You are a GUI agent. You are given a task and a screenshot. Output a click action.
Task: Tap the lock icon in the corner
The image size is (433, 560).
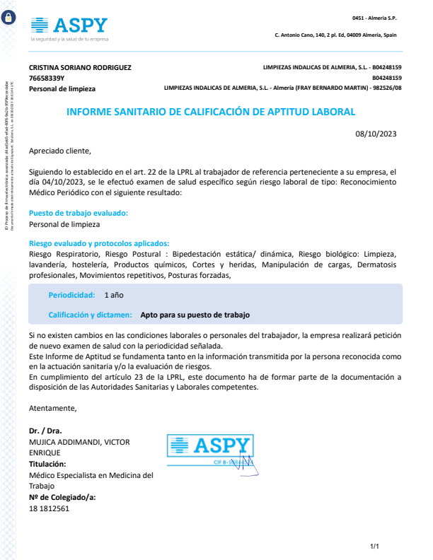click(x=8, y=18)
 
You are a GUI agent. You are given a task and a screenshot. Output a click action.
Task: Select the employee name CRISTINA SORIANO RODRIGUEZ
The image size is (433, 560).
click(x=80, y=67)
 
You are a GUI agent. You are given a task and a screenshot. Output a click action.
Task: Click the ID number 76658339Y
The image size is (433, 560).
click(x=47, y=78)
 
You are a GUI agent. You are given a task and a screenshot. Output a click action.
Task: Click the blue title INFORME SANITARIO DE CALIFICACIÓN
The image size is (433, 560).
click(x=211, y=112)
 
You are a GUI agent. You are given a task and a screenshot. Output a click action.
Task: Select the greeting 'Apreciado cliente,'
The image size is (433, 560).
click(x=60, y=151)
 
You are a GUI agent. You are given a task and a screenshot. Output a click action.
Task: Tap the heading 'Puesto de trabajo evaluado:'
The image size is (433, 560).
click(x=78, y=213)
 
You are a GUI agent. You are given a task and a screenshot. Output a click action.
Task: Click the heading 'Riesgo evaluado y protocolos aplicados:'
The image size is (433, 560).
click(x=99, y=243)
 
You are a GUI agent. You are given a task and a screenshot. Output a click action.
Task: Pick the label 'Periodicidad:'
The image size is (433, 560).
click(x=71, y=294)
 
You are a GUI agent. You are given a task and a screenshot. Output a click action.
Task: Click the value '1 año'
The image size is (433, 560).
click(x=114, y=294)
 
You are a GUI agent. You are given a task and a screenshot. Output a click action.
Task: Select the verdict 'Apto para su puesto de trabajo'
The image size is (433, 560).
click(x=195, y=315)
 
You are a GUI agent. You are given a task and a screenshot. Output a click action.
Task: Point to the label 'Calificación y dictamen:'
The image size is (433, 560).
click(x=91, y=315)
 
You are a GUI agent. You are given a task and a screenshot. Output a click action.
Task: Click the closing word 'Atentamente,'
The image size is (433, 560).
click(x=52, y=408)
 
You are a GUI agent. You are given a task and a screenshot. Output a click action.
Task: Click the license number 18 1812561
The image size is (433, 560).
click(x=49, y=509)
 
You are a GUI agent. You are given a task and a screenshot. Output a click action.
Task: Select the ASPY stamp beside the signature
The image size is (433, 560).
click(x=210, y=449)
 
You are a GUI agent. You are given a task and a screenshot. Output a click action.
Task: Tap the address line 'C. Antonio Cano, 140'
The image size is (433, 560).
click(x=335, y=35)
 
